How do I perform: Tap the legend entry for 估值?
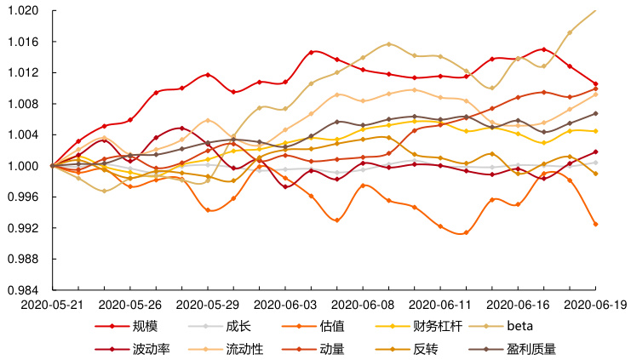coord(332,326)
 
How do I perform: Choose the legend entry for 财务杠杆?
coord(438,326)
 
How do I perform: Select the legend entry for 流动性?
coord(244,348)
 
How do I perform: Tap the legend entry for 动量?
coord(332,348)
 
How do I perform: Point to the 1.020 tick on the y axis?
coord(26,11)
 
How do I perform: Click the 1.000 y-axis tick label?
coord(26,166)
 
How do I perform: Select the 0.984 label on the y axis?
coord(26,290)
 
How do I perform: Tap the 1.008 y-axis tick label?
coord(26,104)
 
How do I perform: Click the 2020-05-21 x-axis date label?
coord(53,303)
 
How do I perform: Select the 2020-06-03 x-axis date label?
coord(284,303)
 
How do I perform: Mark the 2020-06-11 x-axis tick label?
coord(439,303)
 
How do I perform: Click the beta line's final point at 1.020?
coord(595,11)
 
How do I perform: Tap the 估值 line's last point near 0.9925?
coord(595,224)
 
